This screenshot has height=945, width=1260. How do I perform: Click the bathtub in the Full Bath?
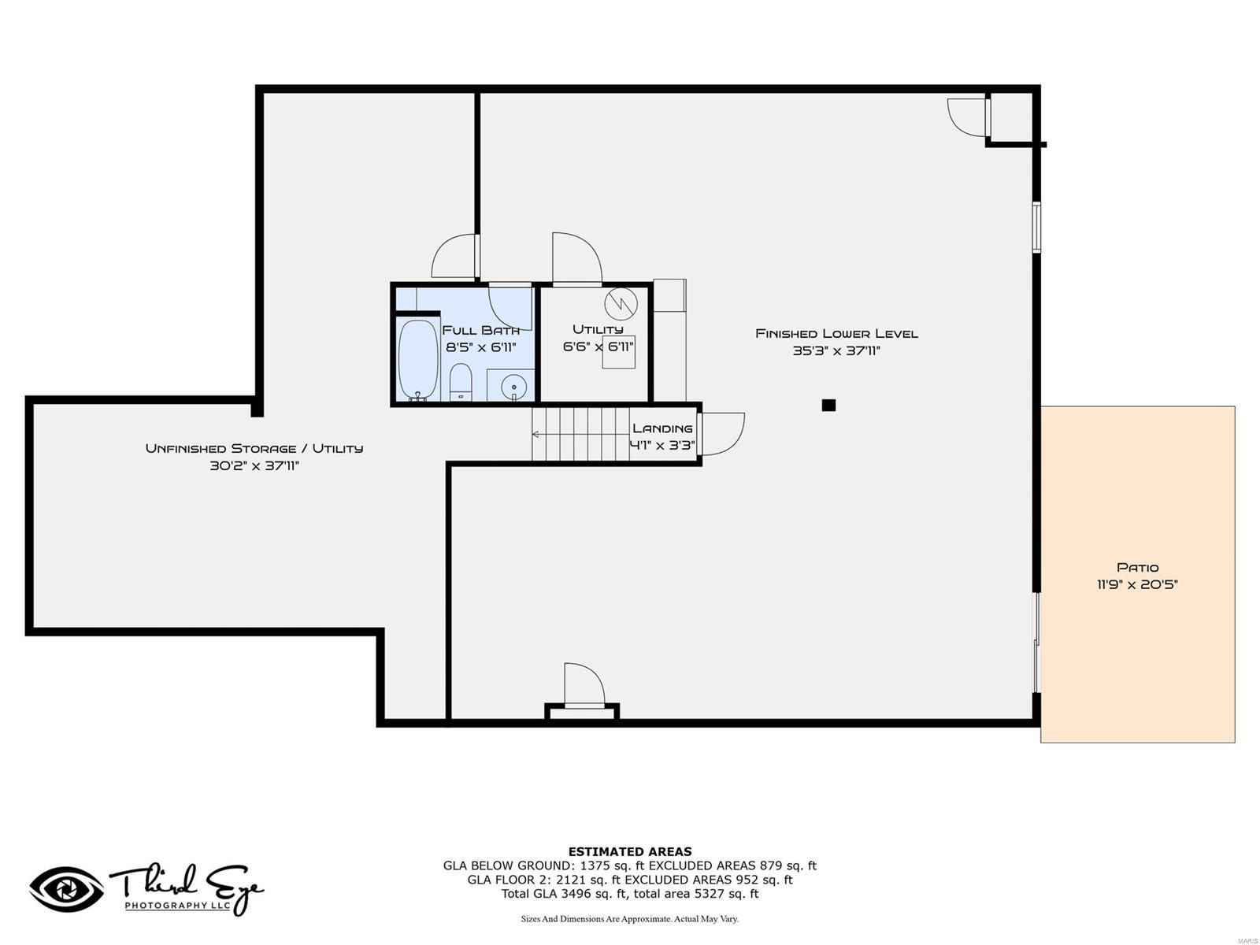click(417, 359)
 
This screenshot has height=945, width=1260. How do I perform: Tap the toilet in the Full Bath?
click(461, 382)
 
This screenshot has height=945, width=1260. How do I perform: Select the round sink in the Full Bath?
click(513, 387)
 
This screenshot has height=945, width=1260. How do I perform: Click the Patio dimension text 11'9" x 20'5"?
click(1137, 584)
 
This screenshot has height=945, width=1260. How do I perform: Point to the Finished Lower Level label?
click(836, 334)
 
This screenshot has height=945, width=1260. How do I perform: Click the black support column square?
click(828, 406)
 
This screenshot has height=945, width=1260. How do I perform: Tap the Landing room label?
click(662, 428)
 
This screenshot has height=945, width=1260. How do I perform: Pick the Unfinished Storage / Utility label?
click(254, 448)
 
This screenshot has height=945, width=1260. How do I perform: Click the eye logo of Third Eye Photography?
click(66, 890)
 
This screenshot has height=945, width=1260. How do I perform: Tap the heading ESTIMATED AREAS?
click(629, 851)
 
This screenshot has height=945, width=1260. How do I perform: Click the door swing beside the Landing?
click(723, 433)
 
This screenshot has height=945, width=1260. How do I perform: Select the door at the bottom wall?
click(584, 685)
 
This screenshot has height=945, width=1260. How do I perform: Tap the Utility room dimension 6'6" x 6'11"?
click(598, 346)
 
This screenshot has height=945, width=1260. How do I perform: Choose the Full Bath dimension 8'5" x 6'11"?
click(480, 346)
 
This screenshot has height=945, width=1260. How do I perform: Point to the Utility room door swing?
click(575, 258)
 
